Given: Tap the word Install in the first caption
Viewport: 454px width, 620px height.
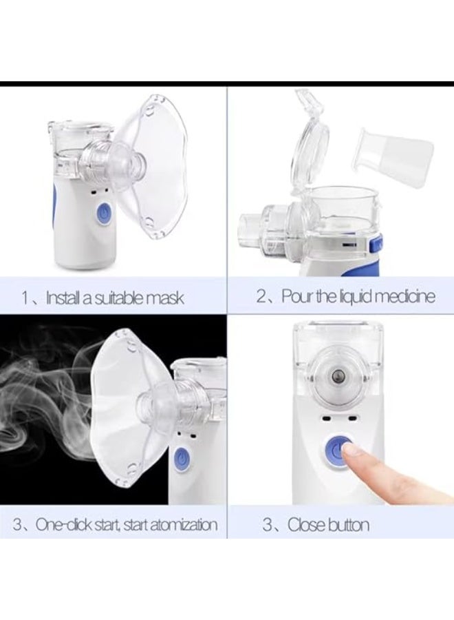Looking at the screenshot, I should pyautogui.click(x=63, y=298).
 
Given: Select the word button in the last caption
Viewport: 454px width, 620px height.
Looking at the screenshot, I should pyautogui.click(x=347, y=525).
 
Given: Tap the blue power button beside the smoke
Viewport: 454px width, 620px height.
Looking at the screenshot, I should pyautogui.click(x=180, y=457).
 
